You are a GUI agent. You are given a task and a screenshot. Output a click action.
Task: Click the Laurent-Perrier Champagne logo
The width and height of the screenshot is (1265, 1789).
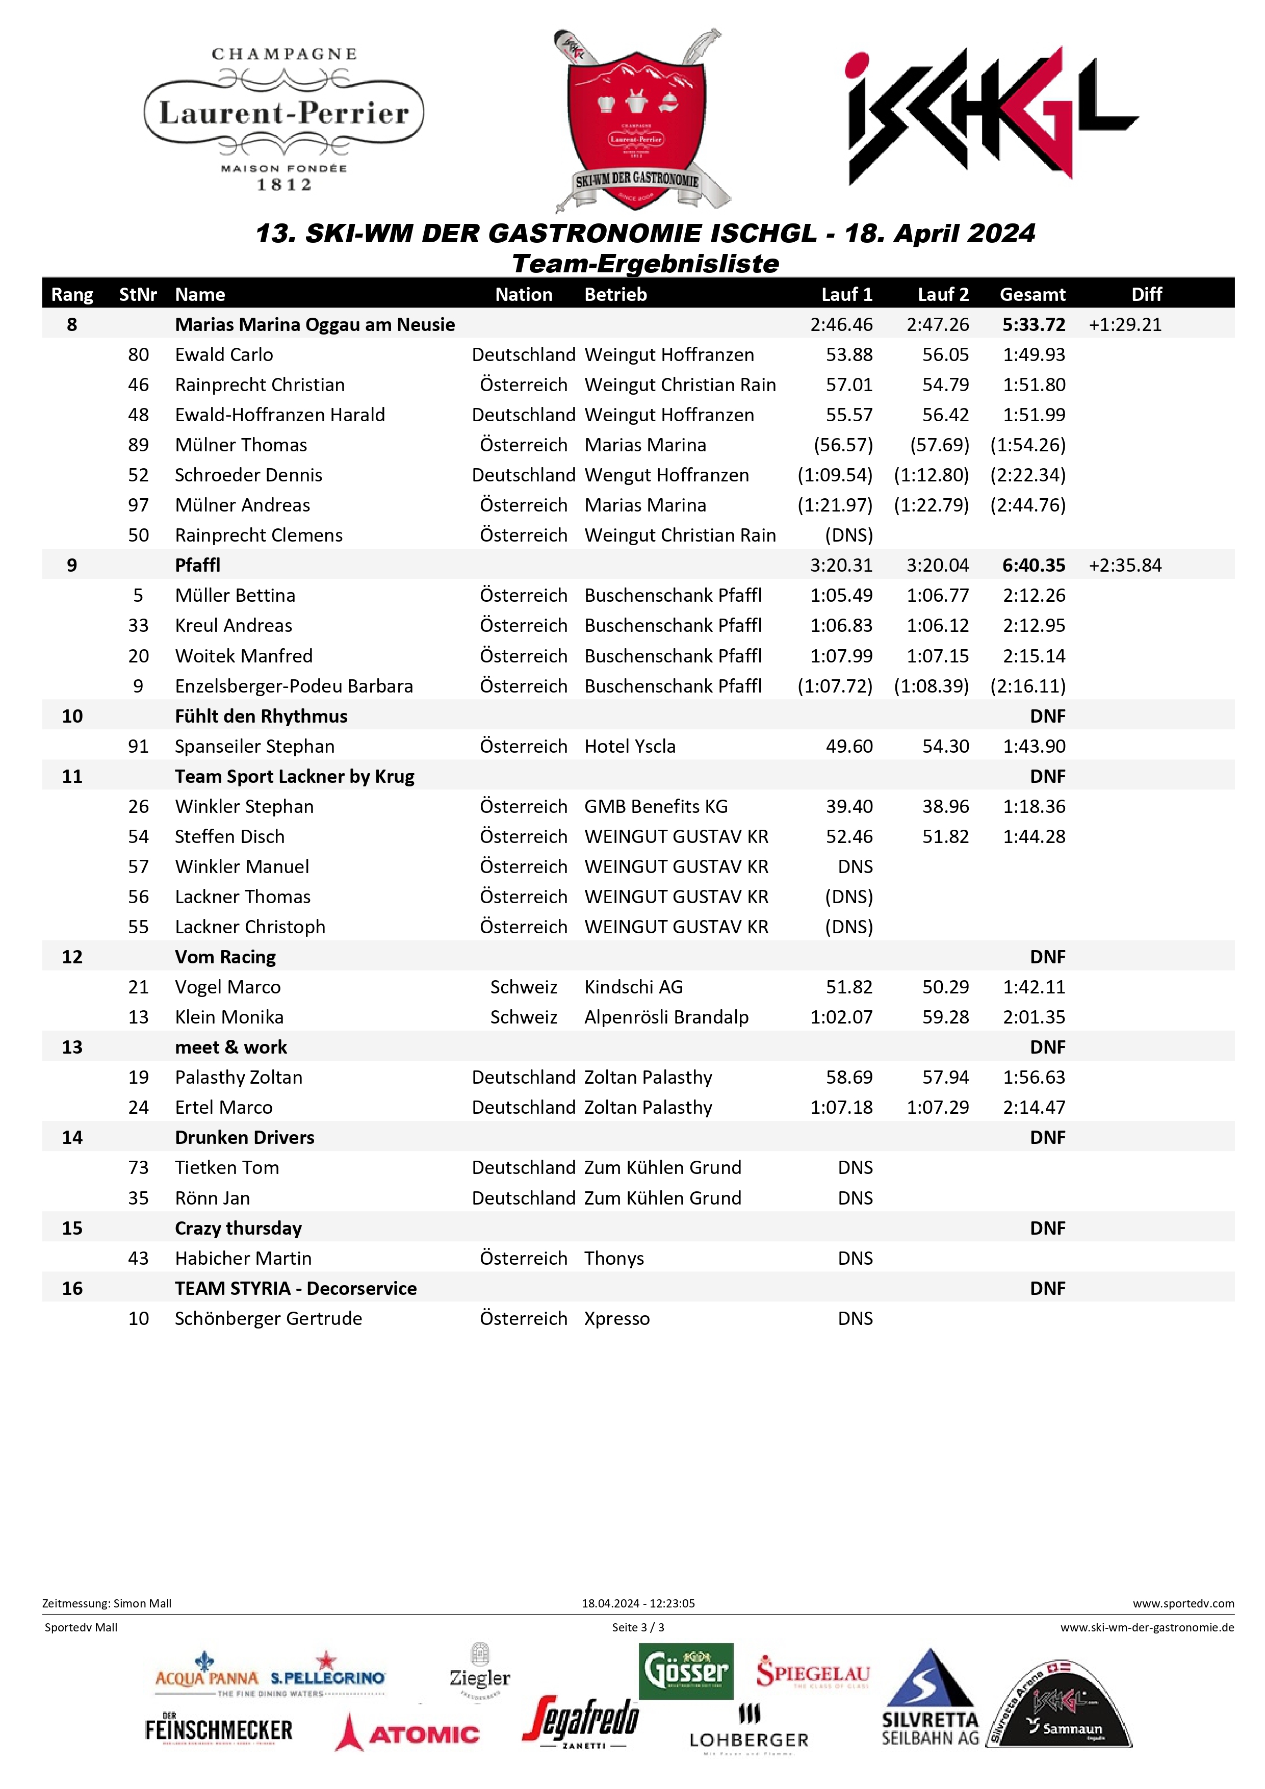[285, 118]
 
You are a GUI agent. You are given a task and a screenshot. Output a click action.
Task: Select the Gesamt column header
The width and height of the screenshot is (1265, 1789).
[1032, 295]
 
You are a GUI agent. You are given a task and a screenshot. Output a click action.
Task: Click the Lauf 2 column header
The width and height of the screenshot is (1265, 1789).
[943, 295]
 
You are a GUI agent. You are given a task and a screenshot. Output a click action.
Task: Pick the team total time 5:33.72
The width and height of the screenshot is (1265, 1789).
[1034, 325]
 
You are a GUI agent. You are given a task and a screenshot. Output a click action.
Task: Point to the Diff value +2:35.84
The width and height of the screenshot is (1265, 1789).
[1125, 566]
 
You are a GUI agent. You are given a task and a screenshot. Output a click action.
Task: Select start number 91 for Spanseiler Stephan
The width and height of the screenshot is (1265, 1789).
[139, 747]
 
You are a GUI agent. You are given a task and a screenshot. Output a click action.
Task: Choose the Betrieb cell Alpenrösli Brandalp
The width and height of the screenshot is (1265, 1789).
[666, 1017]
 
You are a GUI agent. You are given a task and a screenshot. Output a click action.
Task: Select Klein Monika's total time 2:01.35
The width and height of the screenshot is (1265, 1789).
[1034, 1017]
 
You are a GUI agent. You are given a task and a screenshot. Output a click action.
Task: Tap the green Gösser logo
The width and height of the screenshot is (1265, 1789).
[685, 1671]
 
